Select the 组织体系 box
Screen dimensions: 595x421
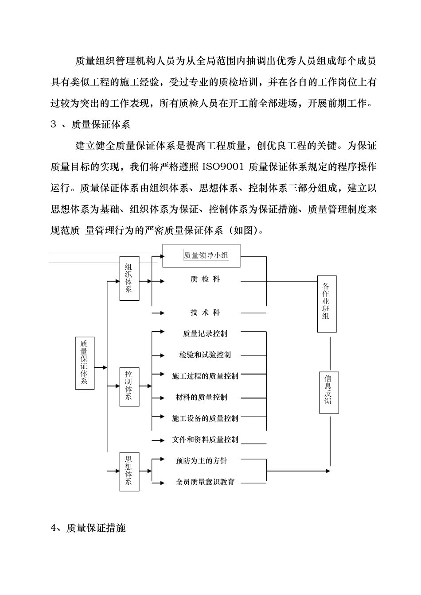[129, 278]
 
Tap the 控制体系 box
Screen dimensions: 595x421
[129, 386]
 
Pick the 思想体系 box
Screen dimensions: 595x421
[129, 471]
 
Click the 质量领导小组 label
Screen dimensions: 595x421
[206, 255]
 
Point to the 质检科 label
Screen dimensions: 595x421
[205, 279]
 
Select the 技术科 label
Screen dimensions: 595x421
[205, 313]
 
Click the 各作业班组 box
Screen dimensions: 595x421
[327, 304]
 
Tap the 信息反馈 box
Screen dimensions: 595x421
[329, 392]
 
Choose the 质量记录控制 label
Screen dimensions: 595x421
[205, 334]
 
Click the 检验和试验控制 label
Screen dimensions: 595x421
[205, 355]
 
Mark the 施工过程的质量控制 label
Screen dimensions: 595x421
[205, 376]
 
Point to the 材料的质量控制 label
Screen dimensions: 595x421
[202, 398]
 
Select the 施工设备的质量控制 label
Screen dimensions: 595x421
[205, 418]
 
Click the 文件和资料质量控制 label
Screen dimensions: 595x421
[205, 440]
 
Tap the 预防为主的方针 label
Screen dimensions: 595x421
[202, 461]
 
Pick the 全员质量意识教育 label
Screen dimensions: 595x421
[205, 482]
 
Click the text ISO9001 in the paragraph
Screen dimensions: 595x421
[223, 167]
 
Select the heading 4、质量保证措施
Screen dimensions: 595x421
[89, 528]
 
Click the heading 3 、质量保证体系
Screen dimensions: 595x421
[90, 124]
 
